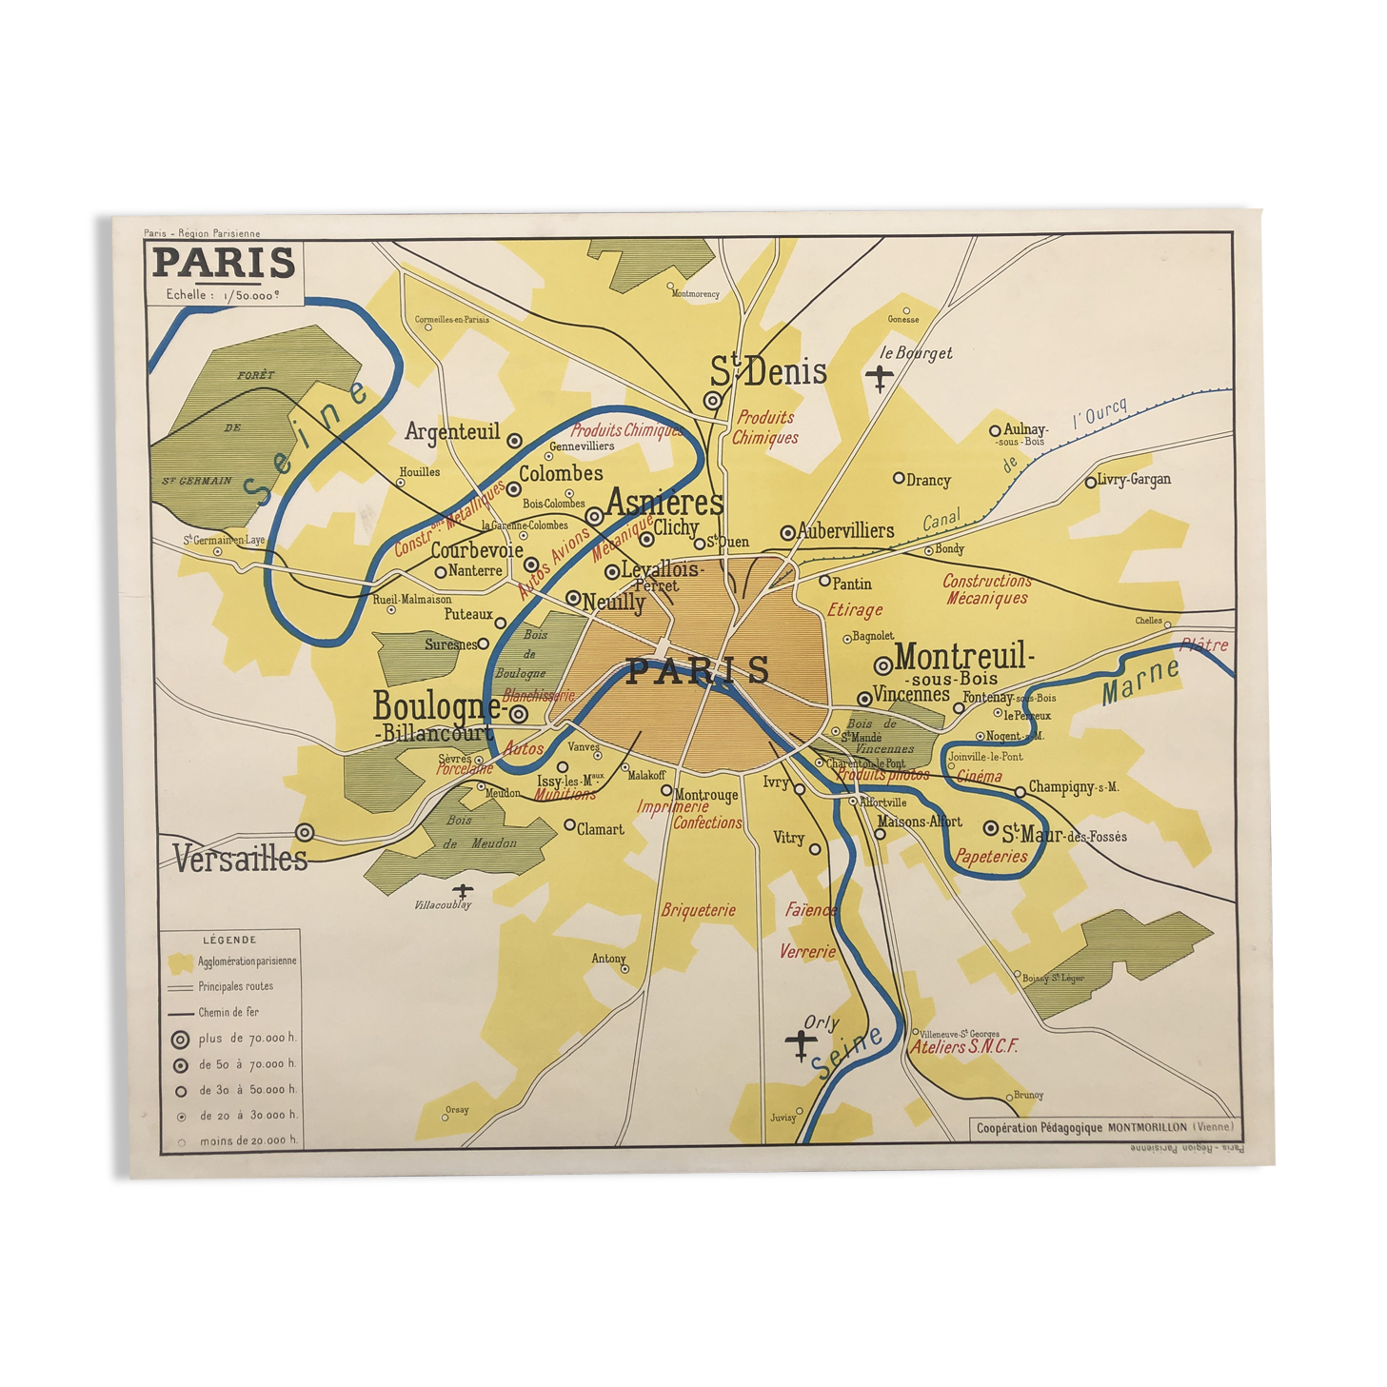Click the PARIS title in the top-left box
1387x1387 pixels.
[224, 263]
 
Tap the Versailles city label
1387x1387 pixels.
[240, 859]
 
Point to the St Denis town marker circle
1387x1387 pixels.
[712, 401]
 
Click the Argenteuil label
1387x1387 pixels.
[452, 432]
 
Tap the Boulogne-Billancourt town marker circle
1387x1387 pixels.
[519, 713]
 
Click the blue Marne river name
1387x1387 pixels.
[1139, 682]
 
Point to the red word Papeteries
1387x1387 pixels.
[991, 857]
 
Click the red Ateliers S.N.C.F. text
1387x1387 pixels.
[964, 1047]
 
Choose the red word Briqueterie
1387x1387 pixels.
[699, 911]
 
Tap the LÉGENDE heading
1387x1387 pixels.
[229, 940]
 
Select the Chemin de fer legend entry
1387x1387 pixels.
[228, 1012]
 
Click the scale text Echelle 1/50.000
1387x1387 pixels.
[223, 295]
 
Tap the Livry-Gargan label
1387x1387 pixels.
[1133, 480]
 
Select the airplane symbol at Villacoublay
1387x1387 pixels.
[463, 892]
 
